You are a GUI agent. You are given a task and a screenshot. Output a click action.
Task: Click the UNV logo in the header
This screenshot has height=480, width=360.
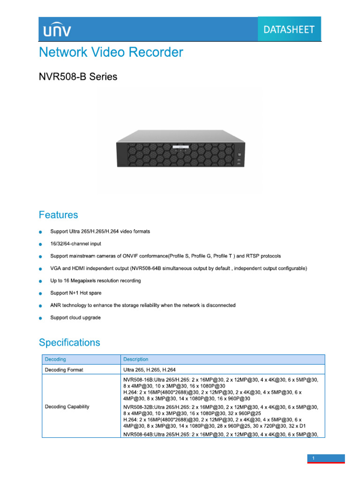58,30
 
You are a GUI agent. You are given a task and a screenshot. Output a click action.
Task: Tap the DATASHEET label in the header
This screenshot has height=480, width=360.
289,30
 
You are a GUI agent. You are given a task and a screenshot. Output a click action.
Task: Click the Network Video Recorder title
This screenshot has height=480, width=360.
111,52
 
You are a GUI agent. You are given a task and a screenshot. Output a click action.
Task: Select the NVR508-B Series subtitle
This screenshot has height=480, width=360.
78,76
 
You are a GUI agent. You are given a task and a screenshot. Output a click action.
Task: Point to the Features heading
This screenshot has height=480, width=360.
59,215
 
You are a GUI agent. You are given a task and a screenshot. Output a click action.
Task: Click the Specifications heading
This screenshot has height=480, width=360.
69,343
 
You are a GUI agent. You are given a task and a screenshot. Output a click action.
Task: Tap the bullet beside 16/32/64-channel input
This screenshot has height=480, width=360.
41,244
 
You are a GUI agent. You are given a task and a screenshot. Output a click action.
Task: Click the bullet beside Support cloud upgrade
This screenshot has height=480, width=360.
41,318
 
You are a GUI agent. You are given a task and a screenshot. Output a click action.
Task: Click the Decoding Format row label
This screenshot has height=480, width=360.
64,370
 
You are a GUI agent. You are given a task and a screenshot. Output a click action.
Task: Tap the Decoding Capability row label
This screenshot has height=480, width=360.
67,406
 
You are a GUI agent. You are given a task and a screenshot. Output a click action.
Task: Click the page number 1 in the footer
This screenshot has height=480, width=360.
312,457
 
